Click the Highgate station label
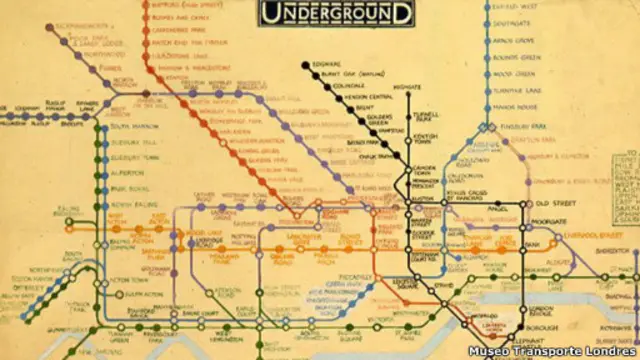point(408,88)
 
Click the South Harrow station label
point(134,126)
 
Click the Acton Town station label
point(129,280)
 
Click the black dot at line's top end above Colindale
point(304,65)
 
